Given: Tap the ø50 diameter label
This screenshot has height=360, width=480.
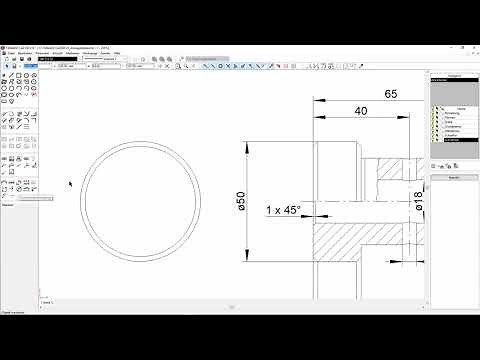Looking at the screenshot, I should click(x=241, y=201).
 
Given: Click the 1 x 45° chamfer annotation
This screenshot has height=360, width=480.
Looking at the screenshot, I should click(x=283, y=209).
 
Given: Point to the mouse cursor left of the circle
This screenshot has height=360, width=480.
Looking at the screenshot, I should click(x=69, y=184).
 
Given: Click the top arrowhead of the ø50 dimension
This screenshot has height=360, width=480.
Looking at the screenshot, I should click(x=249, y=147).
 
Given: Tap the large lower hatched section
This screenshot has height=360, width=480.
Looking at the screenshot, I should click(x=360, y=245).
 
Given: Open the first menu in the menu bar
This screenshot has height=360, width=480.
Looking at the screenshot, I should click(x=7, y=53).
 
